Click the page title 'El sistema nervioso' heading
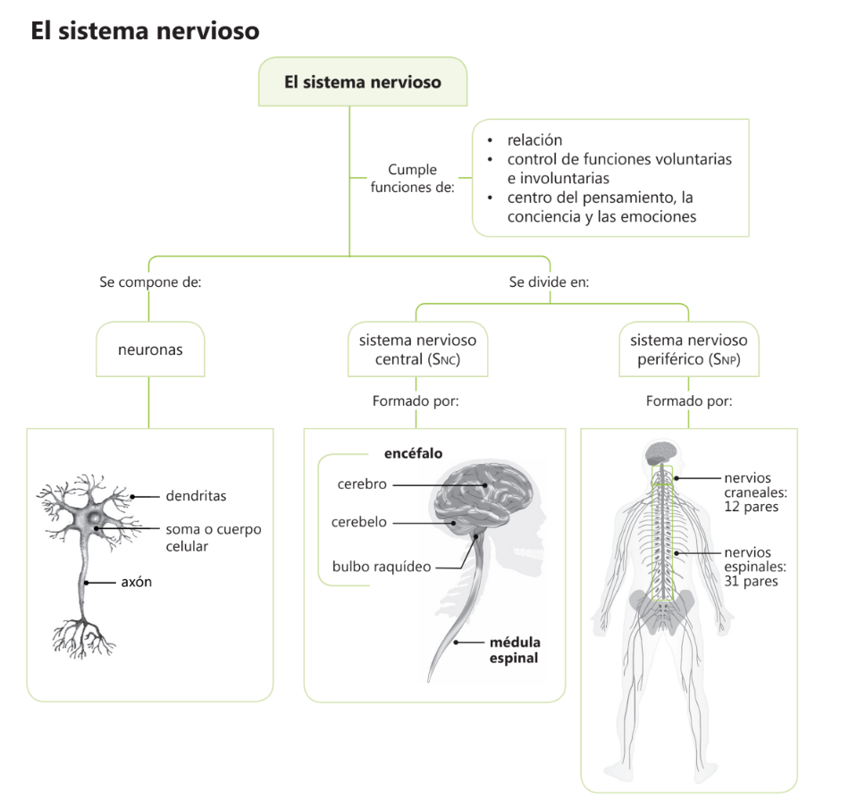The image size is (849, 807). (145, 31)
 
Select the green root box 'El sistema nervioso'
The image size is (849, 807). (363, 82)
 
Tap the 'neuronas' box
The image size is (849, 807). (150, 349)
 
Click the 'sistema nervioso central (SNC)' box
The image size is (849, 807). (417, 349)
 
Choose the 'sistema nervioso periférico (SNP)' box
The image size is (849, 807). (688, 349)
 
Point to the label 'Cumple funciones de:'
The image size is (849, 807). (412, 178)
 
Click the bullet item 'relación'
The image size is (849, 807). (534, 140)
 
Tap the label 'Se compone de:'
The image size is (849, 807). (150, 282)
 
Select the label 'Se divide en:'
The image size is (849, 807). (549, 282)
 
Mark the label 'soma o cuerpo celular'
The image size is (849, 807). (213, 537)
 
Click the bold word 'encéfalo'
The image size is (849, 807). (413, 453)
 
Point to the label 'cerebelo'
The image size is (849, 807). (359, 522)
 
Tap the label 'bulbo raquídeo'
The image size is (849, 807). (382, 567)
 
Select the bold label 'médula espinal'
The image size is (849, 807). (514, 650)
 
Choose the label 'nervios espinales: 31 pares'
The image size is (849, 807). (754, 567)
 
